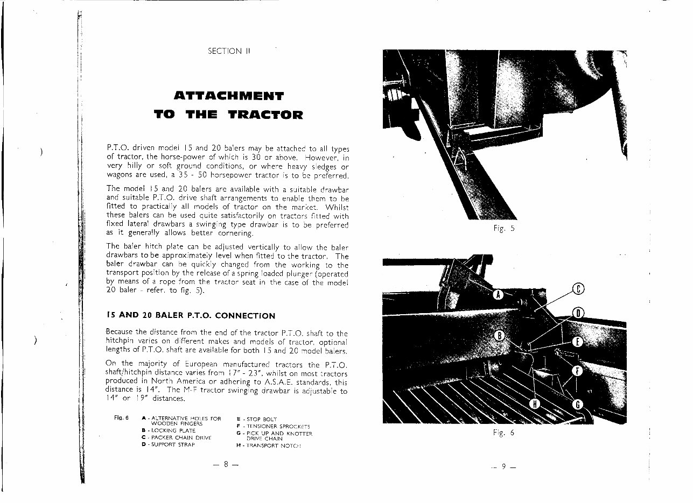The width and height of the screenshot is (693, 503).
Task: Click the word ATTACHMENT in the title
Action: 229,97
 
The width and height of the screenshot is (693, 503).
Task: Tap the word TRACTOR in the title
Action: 265,115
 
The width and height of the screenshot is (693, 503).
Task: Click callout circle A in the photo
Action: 498,294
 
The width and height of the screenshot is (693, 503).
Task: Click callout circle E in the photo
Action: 577,342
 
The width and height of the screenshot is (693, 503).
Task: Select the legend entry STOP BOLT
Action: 261,419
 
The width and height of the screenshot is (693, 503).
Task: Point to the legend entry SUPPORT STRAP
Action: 167,444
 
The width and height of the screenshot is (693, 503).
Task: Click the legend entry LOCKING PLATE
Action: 167,431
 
